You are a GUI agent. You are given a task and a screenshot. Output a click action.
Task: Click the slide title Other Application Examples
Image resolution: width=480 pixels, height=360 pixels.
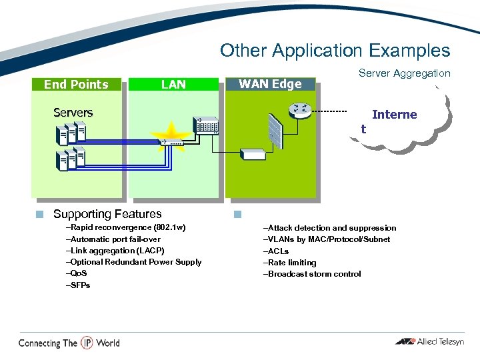[335, 51]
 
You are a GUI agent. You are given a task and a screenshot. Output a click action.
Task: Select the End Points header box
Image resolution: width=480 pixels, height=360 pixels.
[76, 84]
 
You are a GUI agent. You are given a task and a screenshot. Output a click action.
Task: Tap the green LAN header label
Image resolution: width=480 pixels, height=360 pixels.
[173, 84]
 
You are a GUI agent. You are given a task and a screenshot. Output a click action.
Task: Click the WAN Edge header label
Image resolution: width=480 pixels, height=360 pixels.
[270, 84]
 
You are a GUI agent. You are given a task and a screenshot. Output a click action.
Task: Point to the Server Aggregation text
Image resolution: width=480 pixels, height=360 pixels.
[404, 73]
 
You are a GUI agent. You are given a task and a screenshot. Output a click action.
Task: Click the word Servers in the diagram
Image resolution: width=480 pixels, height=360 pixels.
[73, 113]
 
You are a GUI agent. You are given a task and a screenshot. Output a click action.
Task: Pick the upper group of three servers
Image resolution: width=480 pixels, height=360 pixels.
[71, 133]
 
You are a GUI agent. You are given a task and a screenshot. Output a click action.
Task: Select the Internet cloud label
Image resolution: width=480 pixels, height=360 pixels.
[393, 115]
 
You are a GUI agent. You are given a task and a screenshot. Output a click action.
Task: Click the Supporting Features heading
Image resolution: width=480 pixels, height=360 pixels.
[107, 214]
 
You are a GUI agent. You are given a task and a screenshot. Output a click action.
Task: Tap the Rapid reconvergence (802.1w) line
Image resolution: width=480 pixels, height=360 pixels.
[125, 228]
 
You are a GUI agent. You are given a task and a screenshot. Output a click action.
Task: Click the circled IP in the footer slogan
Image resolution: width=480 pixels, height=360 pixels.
[87, 343]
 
